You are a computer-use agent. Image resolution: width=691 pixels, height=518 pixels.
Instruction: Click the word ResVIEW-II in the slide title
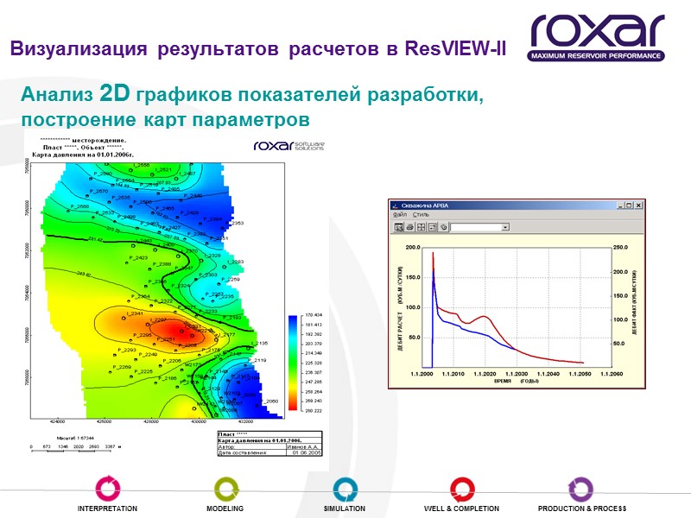[x=454, y=48]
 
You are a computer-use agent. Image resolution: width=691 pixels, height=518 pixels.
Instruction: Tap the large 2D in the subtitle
[x=115, y=92]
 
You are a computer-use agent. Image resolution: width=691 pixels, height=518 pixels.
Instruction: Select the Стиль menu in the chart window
[x=422, y=216]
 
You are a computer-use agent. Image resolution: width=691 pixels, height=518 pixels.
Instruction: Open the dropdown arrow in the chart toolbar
[x=505, y=227]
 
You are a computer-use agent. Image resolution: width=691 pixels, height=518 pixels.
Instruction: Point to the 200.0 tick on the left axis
[x=412, y=247]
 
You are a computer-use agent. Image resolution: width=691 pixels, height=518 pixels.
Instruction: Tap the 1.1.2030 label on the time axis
[x=517, y=374]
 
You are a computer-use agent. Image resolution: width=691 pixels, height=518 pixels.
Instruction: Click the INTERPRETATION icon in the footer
[x=108, y=489]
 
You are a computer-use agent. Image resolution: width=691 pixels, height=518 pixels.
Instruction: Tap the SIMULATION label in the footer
[x=345, y=509]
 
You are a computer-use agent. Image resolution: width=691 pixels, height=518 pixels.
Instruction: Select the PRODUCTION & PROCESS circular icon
[x=581, y=489]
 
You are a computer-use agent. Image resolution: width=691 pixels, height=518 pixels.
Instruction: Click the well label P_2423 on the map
[x=139, y=258]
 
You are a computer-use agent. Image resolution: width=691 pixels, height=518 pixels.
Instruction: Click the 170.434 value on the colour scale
[x=312, y=316]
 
